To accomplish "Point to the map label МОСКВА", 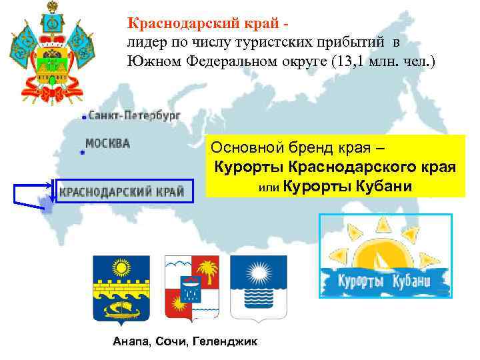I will coord(107,143).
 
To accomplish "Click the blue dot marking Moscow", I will coord(82,153).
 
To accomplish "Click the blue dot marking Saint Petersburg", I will coord(84,117).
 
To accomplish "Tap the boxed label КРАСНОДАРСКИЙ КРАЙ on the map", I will coord(122,191).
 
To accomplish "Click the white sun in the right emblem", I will coord(258,272).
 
